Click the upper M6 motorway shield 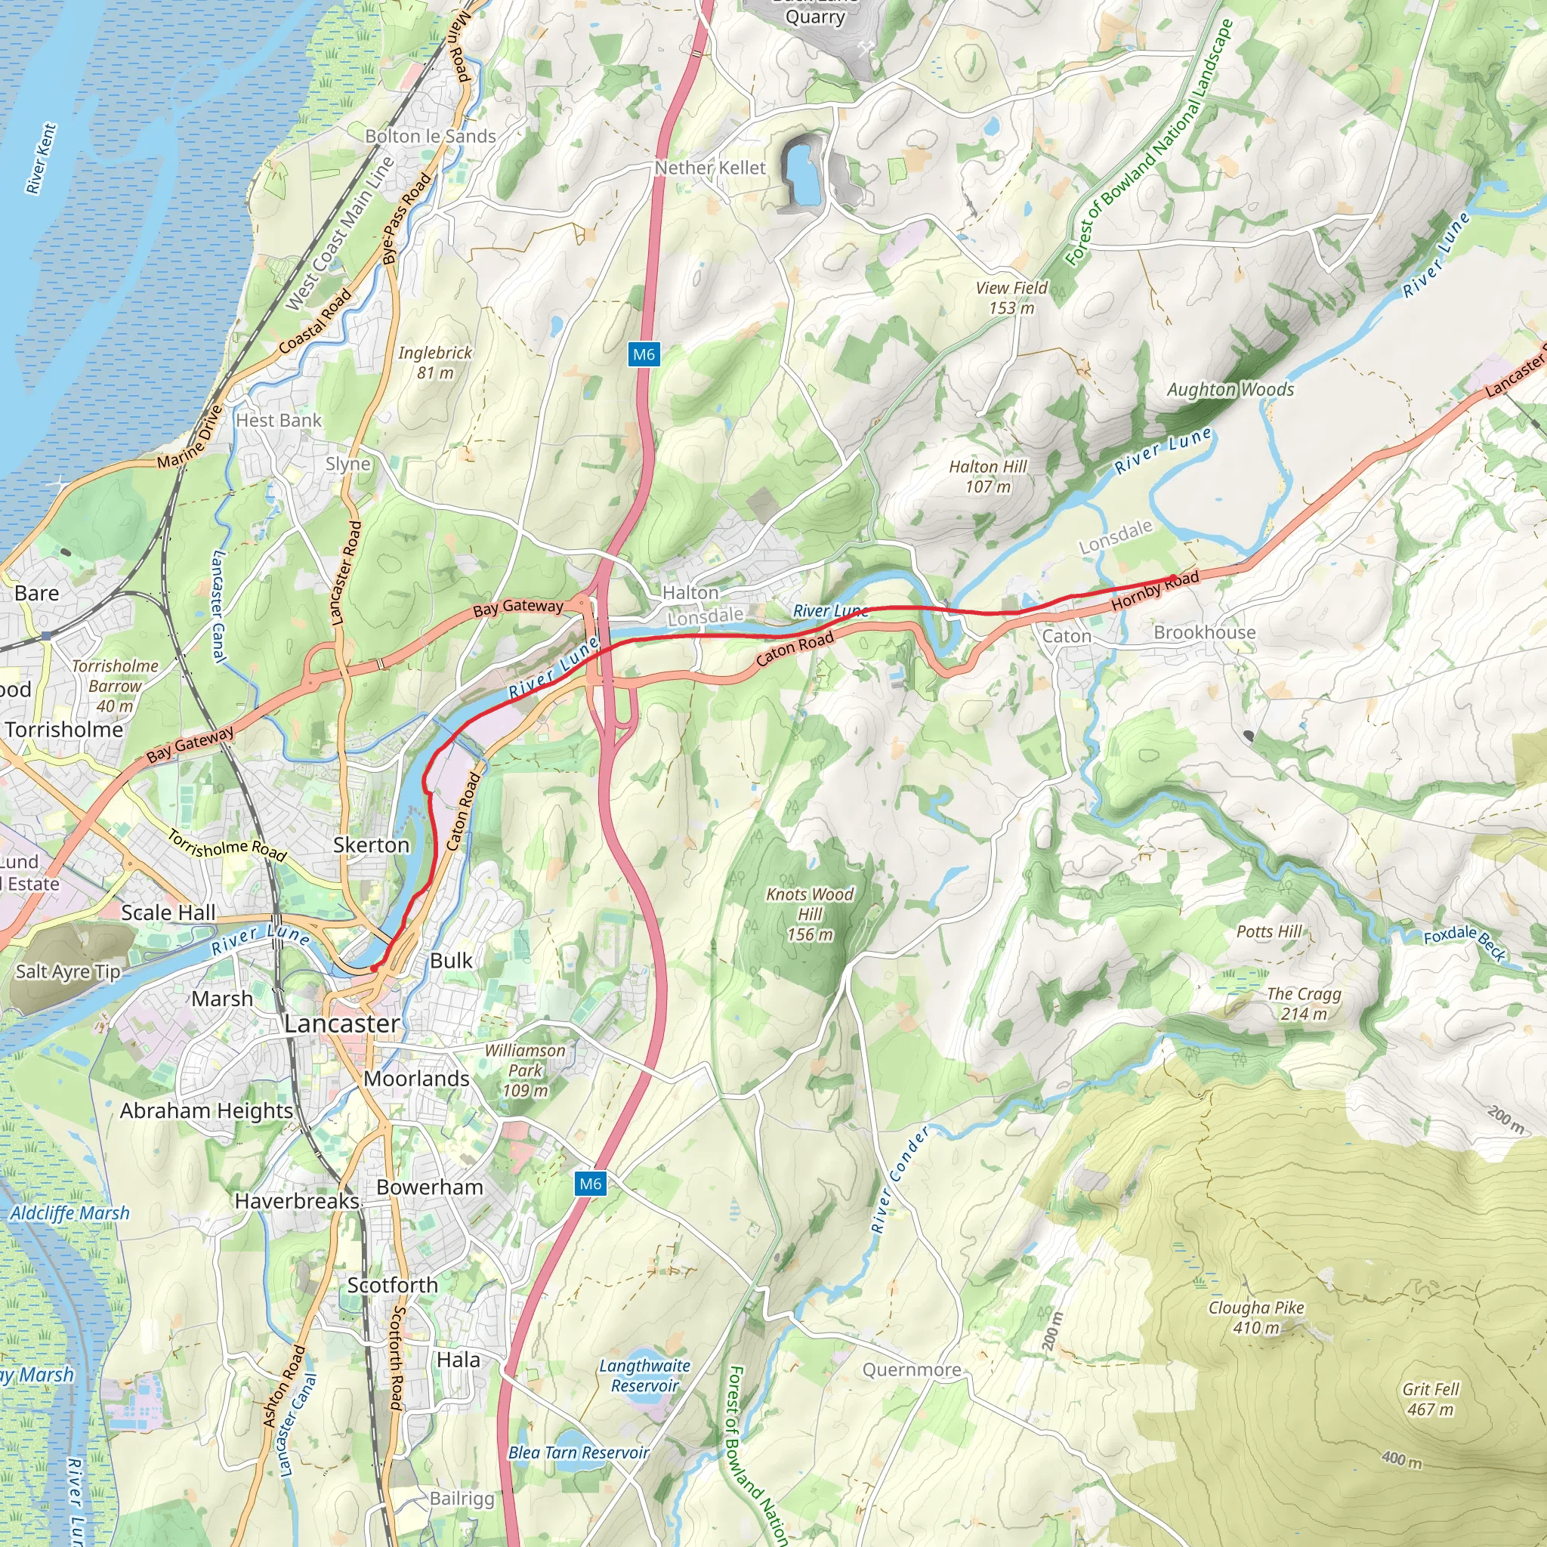[644, 355]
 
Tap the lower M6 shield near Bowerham [590, 1184]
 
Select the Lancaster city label [342, 1024]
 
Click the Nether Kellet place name [710, 168]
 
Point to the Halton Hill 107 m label [987, 477]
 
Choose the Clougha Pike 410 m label [1255, 1317]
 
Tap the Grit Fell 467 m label [1430, 1399]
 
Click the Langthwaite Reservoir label [644, 1376]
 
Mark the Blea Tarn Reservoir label [578, 1453]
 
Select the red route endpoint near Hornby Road [1173, 577]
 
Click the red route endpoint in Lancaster [373, 969]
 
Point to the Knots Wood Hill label [810, 914]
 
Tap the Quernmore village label [911, 1370]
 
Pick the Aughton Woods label [1230, 390]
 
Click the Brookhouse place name [1204, 632]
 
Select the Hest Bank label [278, 421]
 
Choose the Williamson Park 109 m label [524, 1070]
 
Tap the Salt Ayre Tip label [68, 972]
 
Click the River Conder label [900, 1178]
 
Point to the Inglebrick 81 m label [435, 363]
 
